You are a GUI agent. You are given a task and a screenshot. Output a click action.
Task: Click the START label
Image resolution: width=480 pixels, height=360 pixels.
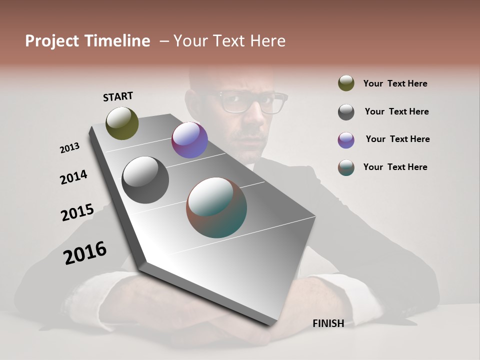tap(118, 96)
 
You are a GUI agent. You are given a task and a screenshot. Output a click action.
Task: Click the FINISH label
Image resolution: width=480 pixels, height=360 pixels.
tap(328, 323)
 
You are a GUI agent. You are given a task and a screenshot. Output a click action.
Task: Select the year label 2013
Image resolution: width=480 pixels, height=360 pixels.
tap(69, 148)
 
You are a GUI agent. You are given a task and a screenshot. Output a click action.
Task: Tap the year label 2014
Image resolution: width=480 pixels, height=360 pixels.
tap(73, 177)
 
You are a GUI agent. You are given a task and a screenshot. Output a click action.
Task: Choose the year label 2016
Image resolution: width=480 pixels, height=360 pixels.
tap(85, 252)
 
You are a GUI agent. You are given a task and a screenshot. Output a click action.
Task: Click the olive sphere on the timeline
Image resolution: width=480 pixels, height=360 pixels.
tap(122, 123)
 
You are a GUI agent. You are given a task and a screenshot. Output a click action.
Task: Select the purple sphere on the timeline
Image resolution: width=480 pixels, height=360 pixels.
tap(189, 140)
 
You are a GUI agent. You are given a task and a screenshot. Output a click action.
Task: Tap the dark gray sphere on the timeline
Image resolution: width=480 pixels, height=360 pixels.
tap(145, 180)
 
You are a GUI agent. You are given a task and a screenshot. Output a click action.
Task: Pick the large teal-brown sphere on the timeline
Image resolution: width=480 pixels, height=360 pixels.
tap(216, 207)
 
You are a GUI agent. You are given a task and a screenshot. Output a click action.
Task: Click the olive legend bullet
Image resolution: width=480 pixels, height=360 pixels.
tap(346, 83)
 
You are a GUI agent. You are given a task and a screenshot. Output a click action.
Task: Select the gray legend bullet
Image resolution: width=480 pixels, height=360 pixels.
tap(346, 112)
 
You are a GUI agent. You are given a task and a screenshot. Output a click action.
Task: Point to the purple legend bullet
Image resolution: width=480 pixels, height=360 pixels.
tap(346, 140)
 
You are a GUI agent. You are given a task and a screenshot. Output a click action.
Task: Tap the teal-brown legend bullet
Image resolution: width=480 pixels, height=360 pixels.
tap(346, 167)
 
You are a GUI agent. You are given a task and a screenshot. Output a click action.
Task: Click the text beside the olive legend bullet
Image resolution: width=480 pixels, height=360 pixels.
tap(395, 83)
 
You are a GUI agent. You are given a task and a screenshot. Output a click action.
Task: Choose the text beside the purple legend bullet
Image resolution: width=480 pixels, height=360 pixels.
tap(397, 139)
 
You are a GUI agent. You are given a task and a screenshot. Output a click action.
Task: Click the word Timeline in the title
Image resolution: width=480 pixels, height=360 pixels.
tap(118, 41)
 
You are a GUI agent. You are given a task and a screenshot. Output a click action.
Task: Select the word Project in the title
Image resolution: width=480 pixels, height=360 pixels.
tap(52, 41)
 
